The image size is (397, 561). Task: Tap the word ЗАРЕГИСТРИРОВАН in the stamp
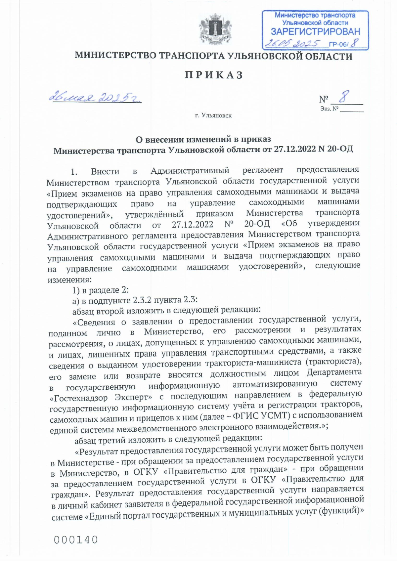(315, 32)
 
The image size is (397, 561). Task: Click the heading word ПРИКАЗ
(214, 75)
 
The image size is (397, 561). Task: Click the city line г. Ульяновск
(213, 116)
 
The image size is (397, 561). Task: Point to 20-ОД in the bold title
(340, 149)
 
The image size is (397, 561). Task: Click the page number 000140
(76, 540)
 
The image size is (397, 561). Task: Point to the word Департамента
(334, 372)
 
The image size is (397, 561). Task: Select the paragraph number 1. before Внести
(74, 172)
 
